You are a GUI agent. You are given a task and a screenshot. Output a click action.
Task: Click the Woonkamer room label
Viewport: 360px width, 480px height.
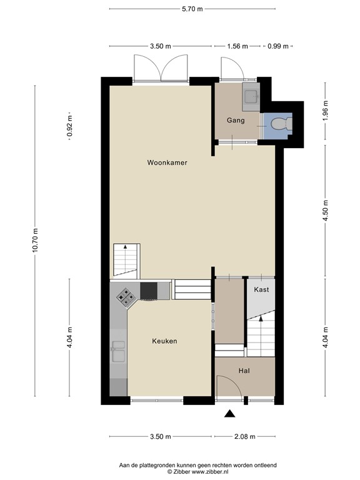(167, 162)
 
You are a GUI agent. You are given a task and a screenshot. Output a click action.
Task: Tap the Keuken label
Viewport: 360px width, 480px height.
(164, 341)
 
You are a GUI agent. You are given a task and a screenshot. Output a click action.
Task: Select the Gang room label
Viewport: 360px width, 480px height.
(235, 120)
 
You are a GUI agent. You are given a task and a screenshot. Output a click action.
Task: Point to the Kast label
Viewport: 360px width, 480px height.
(261, 290)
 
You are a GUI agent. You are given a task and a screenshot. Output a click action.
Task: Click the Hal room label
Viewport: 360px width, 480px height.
(244, 371)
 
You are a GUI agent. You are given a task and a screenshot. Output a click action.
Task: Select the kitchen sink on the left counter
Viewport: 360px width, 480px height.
(117, 351)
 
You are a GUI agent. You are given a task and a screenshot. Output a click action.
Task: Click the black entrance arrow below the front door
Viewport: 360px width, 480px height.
(230, 413)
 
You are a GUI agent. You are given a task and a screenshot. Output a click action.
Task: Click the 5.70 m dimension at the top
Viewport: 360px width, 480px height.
(191, 9)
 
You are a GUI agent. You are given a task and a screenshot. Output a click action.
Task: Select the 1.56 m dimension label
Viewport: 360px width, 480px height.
(237, 46)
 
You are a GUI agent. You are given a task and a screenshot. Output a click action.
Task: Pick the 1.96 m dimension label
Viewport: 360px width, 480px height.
(325, 113)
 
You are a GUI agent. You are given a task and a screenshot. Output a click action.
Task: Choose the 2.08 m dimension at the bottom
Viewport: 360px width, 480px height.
(243, 437)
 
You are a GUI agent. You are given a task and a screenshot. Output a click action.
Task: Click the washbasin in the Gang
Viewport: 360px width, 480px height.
(252, 96)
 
